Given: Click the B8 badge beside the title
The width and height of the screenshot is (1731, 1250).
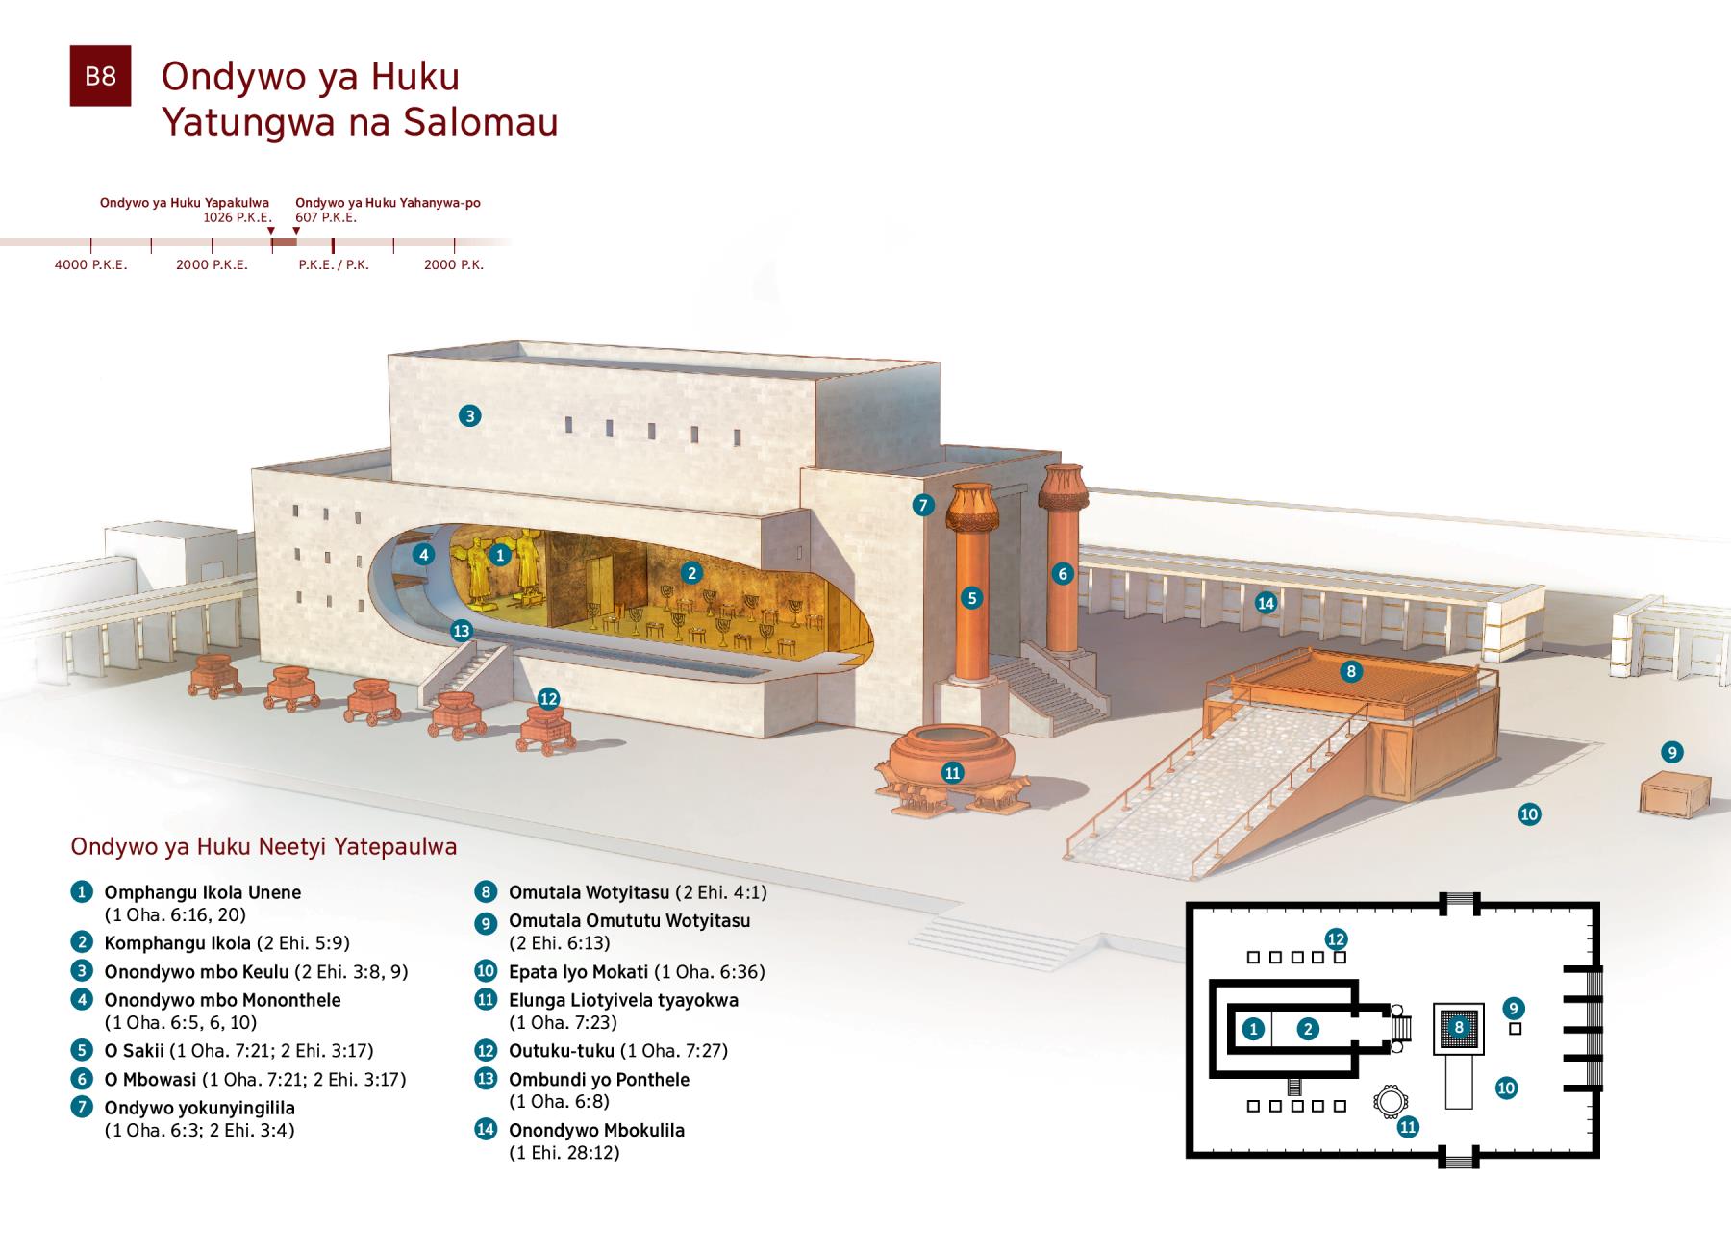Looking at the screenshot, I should [x=100, y=76].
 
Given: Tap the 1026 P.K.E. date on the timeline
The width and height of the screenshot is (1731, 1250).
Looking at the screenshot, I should [x=237, y=217].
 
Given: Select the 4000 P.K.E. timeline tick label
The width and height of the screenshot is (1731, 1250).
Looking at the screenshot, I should [x=90, y=264].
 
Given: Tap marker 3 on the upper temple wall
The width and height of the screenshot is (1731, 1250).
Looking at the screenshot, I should [x=469, y=415].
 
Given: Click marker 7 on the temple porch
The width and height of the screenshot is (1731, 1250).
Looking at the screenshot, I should [x=923, y=505].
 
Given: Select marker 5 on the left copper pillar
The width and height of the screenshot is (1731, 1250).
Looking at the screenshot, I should [x=972, y=598].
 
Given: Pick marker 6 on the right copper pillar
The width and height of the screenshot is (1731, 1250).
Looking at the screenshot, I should [x=1063, y=574].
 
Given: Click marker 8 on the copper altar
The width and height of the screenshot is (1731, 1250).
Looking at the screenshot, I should [x=1351, y=671].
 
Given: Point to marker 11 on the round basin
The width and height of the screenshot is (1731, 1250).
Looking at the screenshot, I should [x=952, y=773].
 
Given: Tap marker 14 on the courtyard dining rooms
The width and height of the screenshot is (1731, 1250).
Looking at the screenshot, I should [x=1266, y=603].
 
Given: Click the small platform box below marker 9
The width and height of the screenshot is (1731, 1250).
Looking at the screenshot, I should [x=1674, y=794].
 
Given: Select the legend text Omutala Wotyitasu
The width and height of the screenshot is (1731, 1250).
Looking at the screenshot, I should [x=590, y=892].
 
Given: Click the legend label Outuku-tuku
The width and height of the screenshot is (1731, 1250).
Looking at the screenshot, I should [x=561, y=1051].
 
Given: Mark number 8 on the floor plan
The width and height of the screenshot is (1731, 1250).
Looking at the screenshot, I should [x=1459, y=1027].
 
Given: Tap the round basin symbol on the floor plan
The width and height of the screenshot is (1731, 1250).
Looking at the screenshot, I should [x=1389, y=1102].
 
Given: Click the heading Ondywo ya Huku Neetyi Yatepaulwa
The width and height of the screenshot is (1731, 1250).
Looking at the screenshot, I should [x=263, y=847].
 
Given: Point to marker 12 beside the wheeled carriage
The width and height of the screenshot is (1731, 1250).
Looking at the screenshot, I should [x=548, y=699].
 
